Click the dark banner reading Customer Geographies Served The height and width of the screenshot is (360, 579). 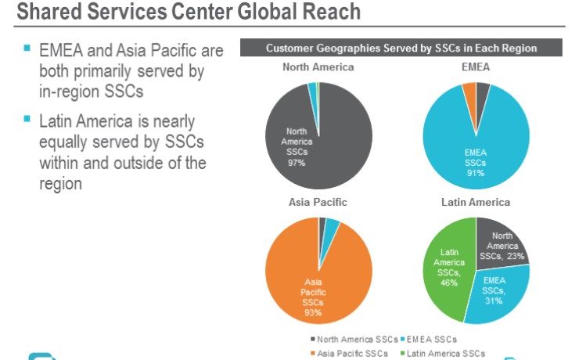click(401, 49)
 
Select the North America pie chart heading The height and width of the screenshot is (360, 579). click(318, 67)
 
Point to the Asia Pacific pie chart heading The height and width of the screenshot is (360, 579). click(318, 202)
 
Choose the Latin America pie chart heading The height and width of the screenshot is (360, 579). click(476, 202)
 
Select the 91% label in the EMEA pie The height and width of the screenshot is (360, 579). click(475, 172)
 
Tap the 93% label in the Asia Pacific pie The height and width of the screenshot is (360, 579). click(313, 312)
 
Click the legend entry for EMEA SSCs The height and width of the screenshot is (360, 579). click(429, 340)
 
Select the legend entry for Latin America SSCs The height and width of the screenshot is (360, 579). click(441, 353)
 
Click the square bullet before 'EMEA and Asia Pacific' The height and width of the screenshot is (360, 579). click(26, 49)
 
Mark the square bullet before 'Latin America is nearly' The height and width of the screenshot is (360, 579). click(26, 119)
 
